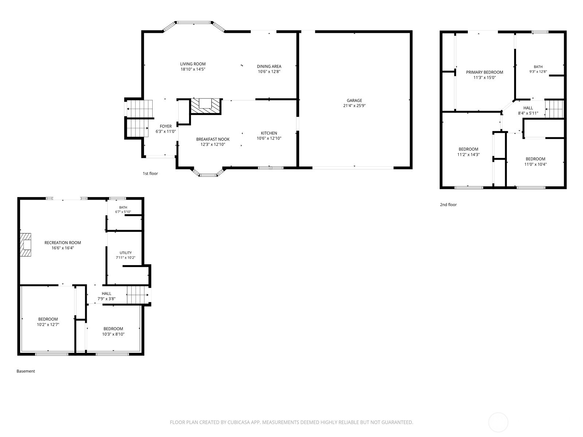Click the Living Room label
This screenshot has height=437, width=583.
tap(192, 64)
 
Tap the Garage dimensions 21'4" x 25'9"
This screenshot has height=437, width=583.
tap(354, 106)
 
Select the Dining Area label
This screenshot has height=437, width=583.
tap(269, 66)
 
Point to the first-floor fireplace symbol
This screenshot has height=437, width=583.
tap(206, 106)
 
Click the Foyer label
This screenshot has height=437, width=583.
tap(165, 126)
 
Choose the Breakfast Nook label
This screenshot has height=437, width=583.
tap(213, 139)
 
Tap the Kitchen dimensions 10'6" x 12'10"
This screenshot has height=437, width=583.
tap(269, 138)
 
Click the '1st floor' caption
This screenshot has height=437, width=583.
tap(150, 174)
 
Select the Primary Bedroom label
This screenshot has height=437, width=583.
tap(485, 72)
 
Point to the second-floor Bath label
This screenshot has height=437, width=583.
tap(538, 67)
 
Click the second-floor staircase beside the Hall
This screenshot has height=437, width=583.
tap(554, 109)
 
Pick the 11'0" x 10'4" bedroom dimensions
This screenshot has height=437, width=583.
tap(535, 164)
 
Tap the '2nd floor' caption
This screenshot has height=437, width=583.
tap(448, 205)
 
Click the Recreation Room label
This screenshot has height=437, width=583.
tap(63, 243)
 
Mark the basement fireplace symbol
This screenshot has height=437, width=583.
tap(26, 245)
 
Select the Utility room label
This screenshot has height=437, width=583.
tap(125, 253)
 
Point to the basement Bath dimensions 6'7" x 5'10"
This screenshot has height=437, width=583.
tap(123, 212)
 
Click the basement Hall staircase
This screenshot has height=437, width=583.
tap(138, 295)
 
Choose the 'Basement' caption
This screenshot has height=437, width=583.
tap(26, 371)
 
